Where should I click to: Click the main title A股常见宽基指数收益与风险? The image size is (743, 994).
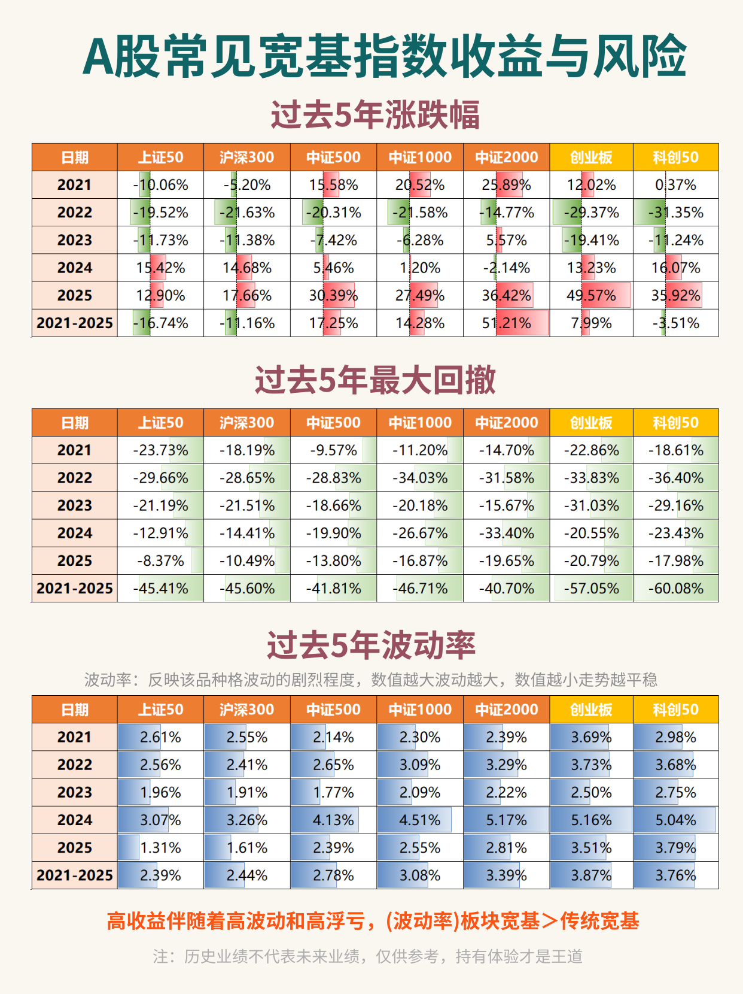click(384, 56)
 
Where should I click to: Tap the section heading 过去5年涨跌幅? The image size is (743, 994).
click(375, 115)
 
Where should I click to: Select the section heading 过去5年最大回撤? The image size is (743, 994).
click(375, 380)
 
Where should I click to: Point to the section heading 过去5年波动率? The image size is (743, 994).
click(371, 646)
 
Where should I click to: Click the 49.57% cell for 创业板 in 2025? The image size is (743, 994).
click(591, 295)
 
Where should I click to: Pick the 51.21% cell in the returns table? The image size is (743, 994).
click(506, 323)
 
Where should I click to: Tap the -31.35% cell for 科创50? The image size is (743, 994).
click(676, 213)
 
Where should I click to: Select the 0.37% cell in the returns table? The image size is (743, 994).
click(676, 185)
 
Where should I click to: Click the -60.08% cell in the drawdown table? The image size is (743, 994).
click(676, 589)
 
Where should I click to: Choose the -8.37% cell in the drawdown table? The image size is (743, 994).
click(160, 561)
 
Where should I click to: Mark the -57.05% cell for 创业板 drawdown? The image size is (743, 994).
click(591, 589)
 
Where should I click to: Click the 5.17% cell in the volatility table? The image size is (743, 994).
click(506, 820)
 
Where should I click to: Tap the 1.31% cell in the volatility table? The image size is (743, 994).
click(160, 848)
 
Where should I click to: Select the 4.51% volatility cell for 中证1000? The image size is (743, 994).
click(419, 820)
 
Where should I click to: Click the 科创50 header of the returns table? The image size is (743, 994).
click(676, 157)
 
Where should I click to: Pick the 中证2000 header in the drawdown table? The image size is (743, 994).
click(506, 423)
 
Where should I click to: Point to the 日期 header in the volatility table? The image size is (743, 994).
click(75, 710)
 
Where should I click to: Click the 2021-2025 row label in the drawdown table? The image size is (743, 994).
click(75, 589)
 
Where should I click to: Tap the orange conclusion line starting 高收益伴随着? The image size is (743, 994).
click(372, 921)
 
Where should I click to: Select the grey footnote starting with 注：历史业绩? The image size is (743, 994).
click(367, 956)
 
